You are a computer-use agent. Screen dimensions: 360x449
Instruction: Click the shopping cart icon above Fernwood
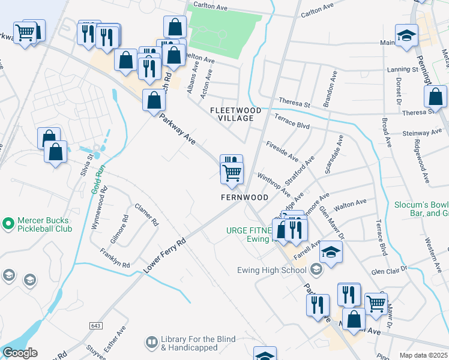click(232, 173)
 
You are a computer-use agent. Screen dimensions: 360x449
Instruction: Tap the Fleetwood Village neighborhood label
click(235, 115)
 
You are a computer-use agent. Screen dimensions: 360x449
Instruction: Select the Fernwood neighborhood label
click(244, 197)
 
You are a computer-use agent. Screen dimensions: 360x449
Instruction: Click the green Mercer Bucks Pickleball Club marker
click(8, 224)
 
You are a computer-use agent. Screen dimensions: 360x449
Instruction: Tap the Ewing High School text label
click(280, 270)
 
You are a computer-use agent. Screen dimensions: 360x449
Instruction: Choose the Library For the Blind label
click(189, 343)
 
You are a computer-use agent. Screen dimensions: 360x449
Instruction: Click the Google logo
click(20, 353)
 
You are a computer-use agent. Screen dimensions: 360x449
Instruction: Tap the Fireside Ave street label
click(282, 151)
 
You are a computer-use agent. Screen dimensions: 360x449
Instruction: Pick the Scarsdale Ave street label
click(334, 155)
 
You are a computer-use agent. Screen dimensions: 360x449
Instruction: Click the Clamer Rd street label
click(147, 213)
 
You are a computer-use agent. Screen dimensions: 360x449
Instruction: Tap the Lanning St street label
click(402, 70)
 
